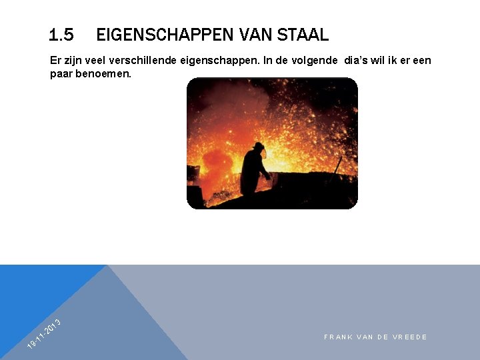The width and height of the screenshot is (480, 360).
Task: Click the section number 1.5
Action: [61, 34]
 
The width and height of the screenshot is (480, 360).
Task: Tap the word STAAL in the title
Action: [303, 34]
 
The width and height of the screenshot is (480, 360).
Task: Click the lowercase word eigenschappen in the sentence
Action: [218, 61]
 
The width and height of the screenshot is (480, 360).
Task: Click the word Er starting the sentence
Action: [55, 61]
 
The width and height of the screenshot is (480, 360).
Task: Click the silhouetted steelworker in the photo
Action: [254, 170]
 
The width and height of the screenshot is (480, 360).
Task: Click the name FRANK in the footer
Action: [338, 337]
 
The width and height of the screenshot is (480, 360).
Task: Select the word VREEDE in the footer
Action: [411, 337]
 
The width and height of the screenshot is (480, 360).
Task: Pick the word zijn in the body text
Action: [74, 61]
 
